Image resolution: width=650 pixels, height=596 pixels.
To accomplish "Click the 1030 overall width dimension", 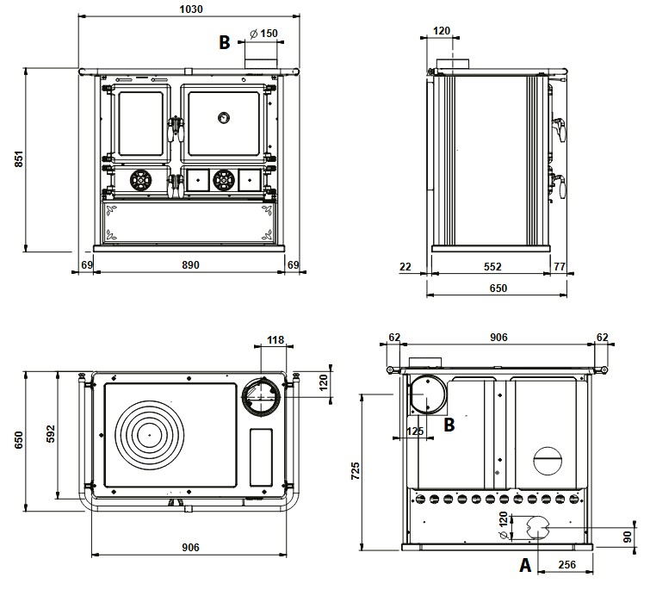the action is (191, 9).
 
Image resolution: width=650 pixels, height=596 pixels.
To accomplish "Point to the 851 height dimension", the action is (19, 158).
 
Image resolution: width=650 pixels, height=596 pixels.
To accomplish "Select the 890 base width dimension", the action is (190, 264).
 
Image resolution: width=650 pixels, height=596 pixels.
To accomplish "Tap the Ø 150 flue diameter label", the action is (264, 34).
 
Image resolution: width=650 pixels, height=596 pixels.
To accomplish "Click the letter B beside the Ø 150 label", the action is (224, 42).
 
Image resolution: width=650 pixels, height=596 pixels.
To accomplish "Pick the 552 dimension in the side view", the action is (492, 266).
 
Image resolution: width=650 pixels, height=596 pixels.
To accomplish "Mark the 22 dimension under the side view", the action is (405, 266).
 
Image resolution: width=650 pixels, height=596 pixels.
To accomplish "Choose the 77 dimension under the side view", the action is (560, 266).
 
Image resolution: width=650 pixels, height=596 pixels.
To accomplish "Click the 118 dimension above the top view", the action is (275, 340).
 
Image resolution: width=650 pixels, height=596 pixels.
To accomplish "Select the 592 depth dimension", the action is (50, 433).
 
